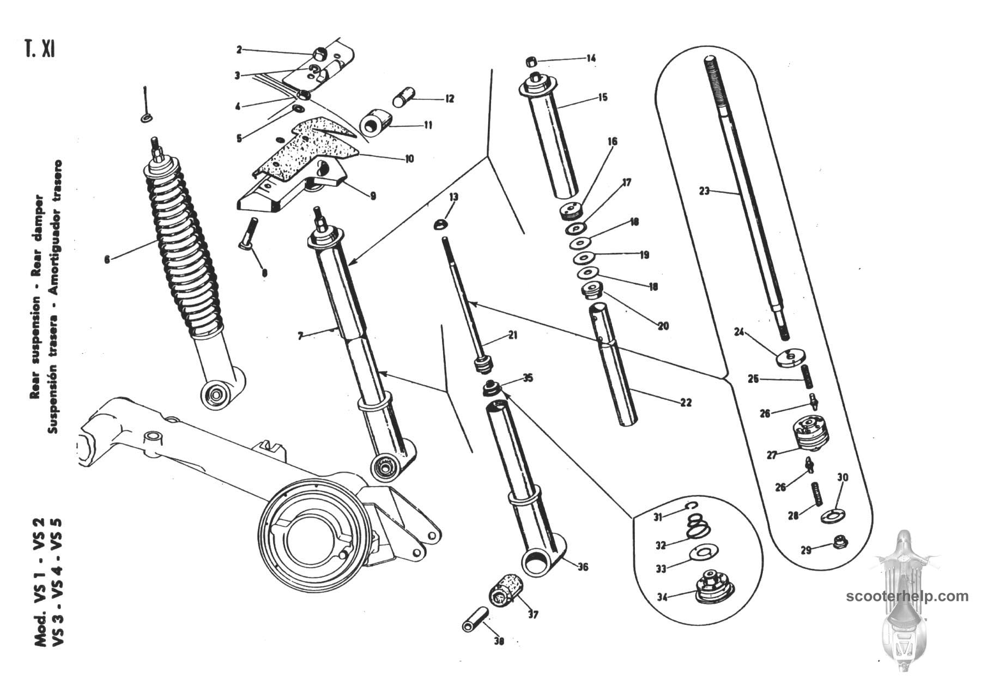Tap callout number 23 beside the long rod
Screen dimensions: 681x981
pos(704,191)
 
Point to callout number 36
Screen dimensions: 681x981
pos(583,567)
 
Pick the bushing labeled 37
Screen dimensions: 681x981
pos(505,591)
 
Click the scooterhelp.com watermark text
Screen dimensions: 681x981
pos(907,596)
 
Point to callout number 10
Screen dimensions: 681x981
pos(409,159)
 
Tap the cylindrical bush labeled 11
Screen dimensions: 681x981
pos(374,124)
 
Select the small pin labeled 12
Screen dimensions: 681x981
pos(404,101)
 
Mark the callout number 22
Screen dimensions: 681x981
pos(686,403)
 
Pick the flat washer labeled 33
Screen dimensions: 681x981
pos(704,552)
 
